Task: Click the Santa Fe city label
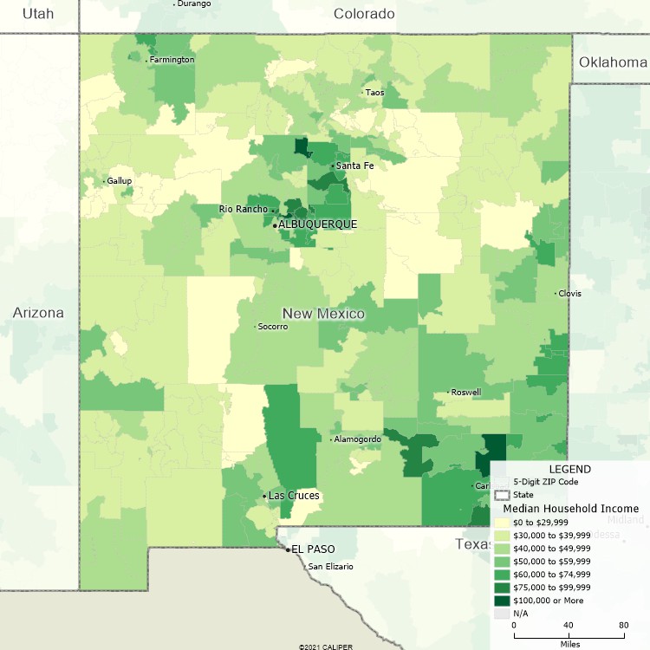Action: click(x=354, y=166)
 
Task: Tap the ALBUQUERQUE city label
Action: click(x=317, y=224)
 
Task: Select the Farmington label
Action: click(x=172, y=60)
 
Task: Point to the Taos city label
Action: click(x=374, y=93)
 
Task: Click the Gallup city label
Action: click(x=119, y=181)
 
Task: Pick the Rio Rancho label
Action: click(x=244, y=209)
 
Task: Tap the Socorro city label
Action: click(x=271, y=327)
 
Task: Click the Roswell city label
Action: click(x=465, y=393)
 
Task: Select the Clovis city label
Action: click(x=569, y=294)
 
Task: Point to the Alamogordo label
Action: click(x=358, y=439)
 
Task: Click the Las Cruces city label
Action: click(x=294, y=496)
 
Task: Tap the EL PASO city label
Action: click(x=313, y=549)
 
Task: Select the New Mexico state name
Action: click(x=323, y=314)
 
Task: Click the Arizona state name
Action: click(x=38, y=313)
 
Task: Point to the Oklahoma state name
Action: click(x=613, y=62)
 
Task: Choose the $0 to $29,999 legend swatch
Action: click(x=503, y=523)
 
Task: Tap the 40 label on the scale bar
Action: click(x=569, y=625)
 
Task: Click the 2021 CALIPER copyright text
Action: click(x=325, y=646)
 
